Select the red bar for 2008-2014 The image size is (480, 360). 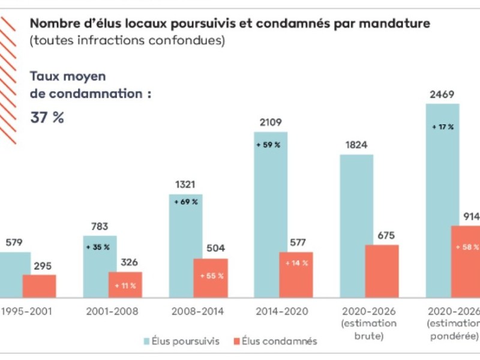[211, 278]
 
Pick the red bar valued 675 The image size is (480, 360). [382, 271]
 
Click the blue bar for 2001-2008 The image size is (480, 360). [100, 267]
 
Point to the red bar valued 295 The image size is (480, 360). [39, 286]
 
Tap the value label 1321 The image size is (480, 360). [185, 185]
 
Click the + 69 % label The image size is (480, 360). [186, 202]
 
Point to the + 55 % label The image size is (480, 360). [211, 276]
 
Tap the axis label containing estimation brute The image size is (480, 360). [369, 323]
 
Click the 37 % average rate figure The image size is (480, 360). [47, 118]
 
